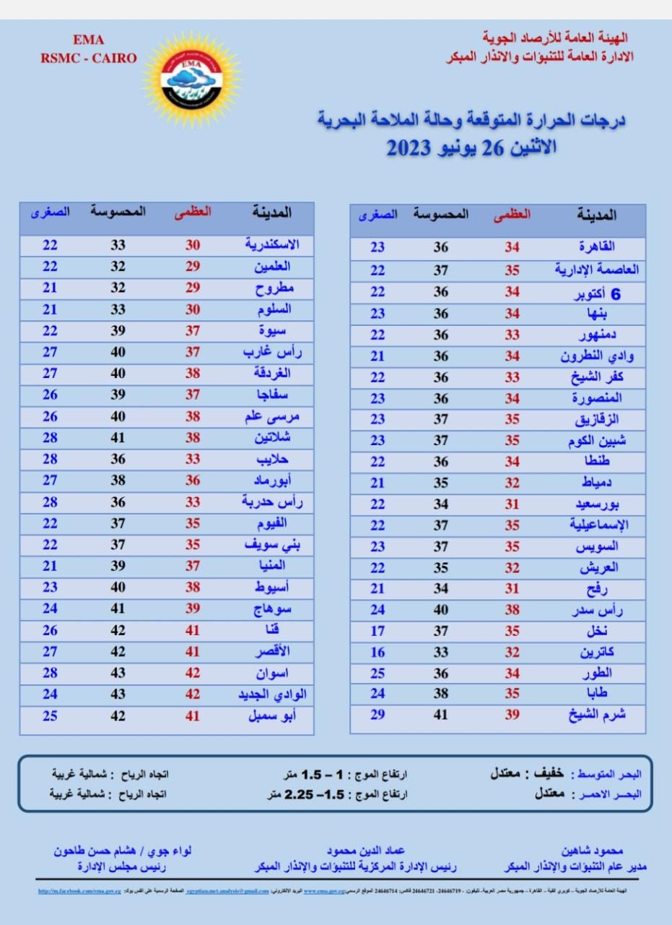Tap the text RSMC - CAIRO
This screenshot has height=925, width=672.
88,59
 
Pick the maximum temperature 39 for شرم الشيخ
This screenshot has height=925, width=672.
512,715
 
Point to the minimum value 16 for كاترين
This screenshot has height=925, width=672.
378,652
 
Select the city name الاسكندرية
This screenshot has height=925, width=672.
272,245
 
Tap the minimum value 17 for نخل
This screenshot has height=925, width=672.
378,631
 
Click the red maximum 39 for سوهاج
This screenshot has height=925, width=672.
193,609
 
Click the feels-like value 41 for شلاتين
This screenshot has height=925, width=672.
118,438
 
